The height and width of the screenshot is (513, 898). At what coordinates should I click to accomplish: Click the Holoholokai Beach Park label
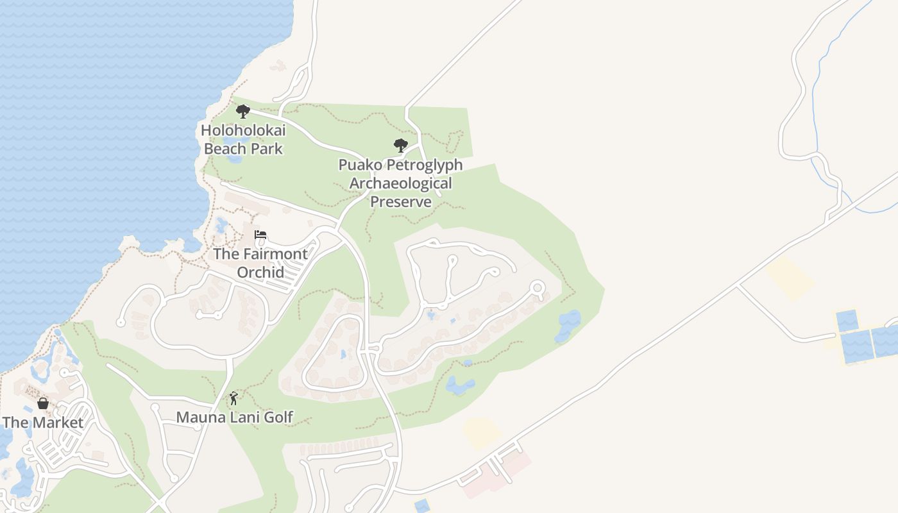pos(243,139)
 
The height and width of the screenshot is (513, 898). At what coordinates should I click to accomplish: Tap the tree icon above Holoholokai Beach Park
pos(242,112)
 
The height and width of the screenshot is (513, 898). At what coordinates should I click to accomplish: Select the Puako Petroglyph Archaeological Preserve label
pos(400,183)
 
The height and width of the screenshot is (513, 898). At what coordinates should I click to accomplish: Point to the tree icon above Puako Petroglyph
pos(401,146)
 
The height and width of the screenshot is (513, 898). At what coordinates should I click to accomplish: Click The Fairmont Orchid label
pos(260,263)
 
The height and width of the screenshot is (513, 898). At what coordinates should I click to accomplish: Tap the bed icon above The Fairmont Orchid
pos(260,235)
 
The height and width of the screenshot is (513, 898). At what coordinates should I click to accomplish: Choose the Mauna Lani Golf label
pos(235,417)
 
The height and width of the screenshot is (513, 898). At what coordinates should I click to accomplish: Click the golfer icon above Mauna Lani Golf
pos(233,398)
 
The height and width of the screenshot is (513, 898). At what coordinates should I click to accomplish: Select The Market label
pos(43,423)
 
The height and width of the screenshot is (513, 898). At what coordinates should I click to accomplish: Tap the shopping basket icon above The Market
pos(43,403)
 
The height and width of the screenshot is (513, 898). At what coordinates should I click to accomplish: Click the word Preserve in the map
pos(400,202)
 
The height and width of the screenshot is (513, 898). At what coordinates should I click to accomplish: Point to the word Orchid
pos(260,272)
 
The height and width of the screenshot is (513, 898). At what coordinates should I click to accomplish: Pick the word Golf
pos(278,417)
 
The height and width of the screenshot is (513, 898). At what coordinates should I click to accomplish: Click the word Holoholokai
pos(243,130)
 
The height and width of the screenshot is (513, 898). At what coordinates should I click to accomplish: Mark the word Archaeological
pos(400,183)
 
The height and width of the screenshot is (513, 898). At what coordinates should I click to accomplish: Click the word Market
pos(58,423)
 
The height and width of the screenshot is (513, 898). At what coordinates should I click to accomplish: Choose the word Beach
pos(224,149)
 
